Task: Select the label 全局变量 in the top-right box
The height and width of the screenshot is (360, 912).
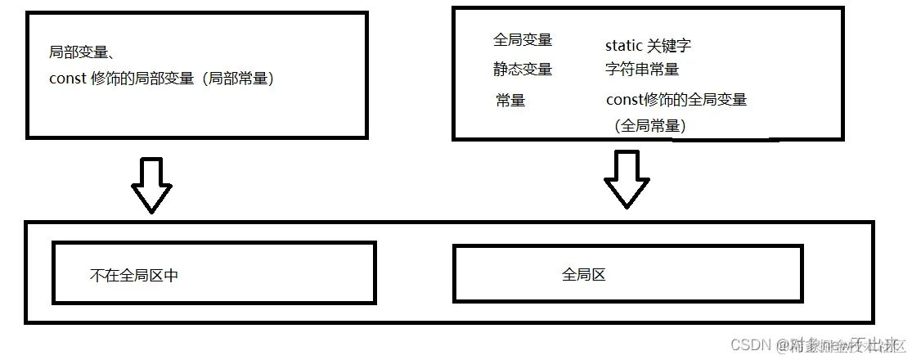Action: (x=523, y=40)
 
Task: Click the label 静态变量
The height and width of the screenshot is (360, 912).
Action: (x=523, y=70)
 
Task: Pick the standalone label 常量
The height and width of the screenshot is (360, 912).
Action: (x=510, y=101)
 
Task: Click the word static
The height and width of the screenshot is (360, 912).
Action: (x=623, y=46)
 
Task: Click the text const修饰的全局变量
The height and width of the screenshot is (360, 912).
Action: (x=676, y=100)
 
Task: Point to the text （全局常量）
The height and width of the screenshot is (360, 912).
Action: (x=649, y=126)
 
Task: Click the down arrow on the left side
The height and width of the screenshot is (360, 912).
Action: (x=151, y=185)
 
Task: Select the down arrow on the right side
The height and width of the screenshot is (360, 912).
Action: (x=627, y=180)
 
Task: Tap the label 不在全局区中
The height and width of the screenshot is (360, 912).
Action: (x=134, y=276)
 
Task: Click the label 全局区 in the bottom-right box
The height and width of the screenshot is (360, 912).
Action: (x=584, y=275)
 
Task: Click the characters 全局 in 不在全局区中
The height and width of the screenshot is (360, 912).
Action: (x=134, y=276)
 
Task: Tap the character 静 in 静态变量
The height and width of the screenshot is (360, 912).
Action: (x=501, y=70)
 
